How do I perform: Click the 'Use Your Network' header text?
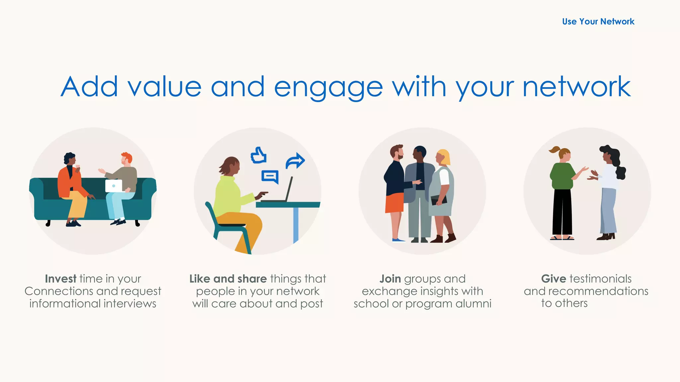click(598, 22)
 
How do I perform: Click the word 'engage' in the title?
click(328, 87)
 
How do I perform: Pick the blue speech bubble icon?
click(270, 177)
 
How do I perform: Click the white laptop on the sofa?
click(114, 186)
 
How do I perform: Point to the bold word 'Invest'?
click(61, 279)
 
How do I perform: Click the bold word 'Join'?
click(390, 279)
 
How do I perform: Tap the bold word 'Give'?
click(553, 279)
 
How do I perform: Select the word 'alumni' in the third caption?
click(473, 303)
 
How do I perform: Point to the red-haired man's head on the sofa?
click(126, 159)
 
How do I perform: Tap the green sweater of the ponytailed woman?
click(562, 176)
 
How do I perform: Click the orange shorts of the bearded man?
click(394, 203)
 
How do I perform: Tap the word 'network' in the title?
click(576, 87)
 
